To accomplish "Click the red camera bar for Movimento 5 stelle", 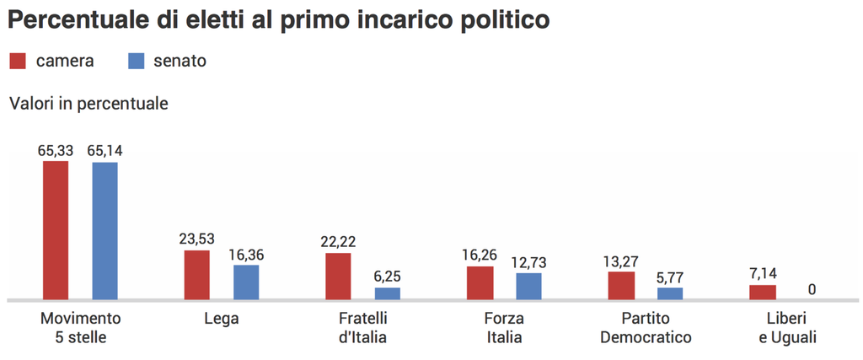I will pos(56,230).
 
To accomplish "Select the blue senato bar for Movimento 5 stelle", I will pos(105,230).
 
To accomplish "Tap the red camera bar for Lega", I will pos(197,275).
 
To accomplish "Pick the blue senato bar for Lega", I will pos(246,282).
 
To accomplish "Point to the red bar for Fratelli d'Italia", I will pos(339,277).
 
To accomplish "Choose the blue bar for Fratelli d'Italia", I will pos(388,293).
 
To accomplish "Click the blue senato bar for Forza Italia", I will pos(529,286).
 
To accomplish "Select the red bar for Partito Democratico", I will pos(621,285).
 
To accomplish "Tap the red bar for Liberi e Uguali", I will pos(763,292).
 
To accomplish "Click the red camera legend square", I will pos(19,61).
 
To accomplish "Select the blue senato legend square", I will pos(136,61).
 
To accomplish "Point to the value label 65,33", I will pos(56,151).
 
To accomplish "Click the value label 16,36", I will pos(246,254).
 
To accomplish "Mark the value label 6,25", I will pos(388,277).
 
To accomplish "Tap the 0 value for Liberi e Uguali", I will pos(812,289).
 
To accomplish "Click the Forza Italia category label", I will pos(504,328).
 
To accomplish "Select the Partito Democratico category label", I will pos(646,328).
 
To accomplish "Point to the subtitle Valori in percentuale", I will pos(88,105).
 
